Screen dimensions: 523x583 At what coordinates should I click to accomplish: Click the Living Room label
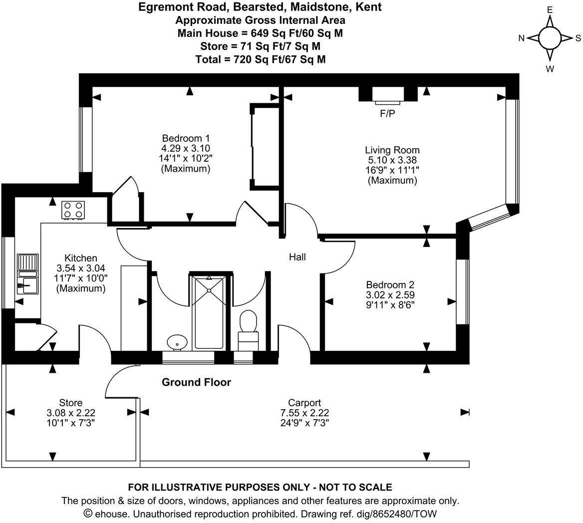[392, 150]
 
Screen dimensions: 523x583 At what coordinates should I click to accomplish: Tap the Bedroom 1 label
[186, 138]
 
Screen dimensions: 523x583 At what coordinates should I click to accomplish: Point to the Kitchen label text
[81, 258]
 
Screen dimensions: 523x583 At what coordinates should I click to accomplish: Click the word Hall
[297, 257]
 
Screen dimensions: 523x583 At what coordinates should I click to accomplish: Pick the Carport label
[304, 403]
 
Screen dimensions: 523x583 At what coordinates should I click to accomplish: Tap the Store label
[70, 403]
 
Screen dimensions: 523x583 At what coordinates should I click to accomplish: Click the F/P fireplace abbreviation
[387, 114]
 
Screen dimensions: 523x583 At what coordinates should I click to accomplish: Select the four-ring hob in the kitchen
[73, 210]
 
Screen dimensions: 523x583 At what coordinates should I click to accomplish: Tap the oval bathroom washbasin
[177, 342]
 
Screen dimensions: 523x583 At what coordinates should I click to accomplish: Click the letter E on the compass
[550, 10]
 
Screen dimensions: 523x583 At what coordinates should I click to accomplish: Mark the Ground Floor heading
[196, 382]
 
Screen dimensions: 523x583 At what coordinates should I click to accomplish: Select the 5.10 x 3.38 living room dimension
[392, 160]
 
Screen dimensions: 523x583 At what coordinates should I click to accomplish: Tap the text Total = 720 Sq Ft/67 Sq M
[260, 59]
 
